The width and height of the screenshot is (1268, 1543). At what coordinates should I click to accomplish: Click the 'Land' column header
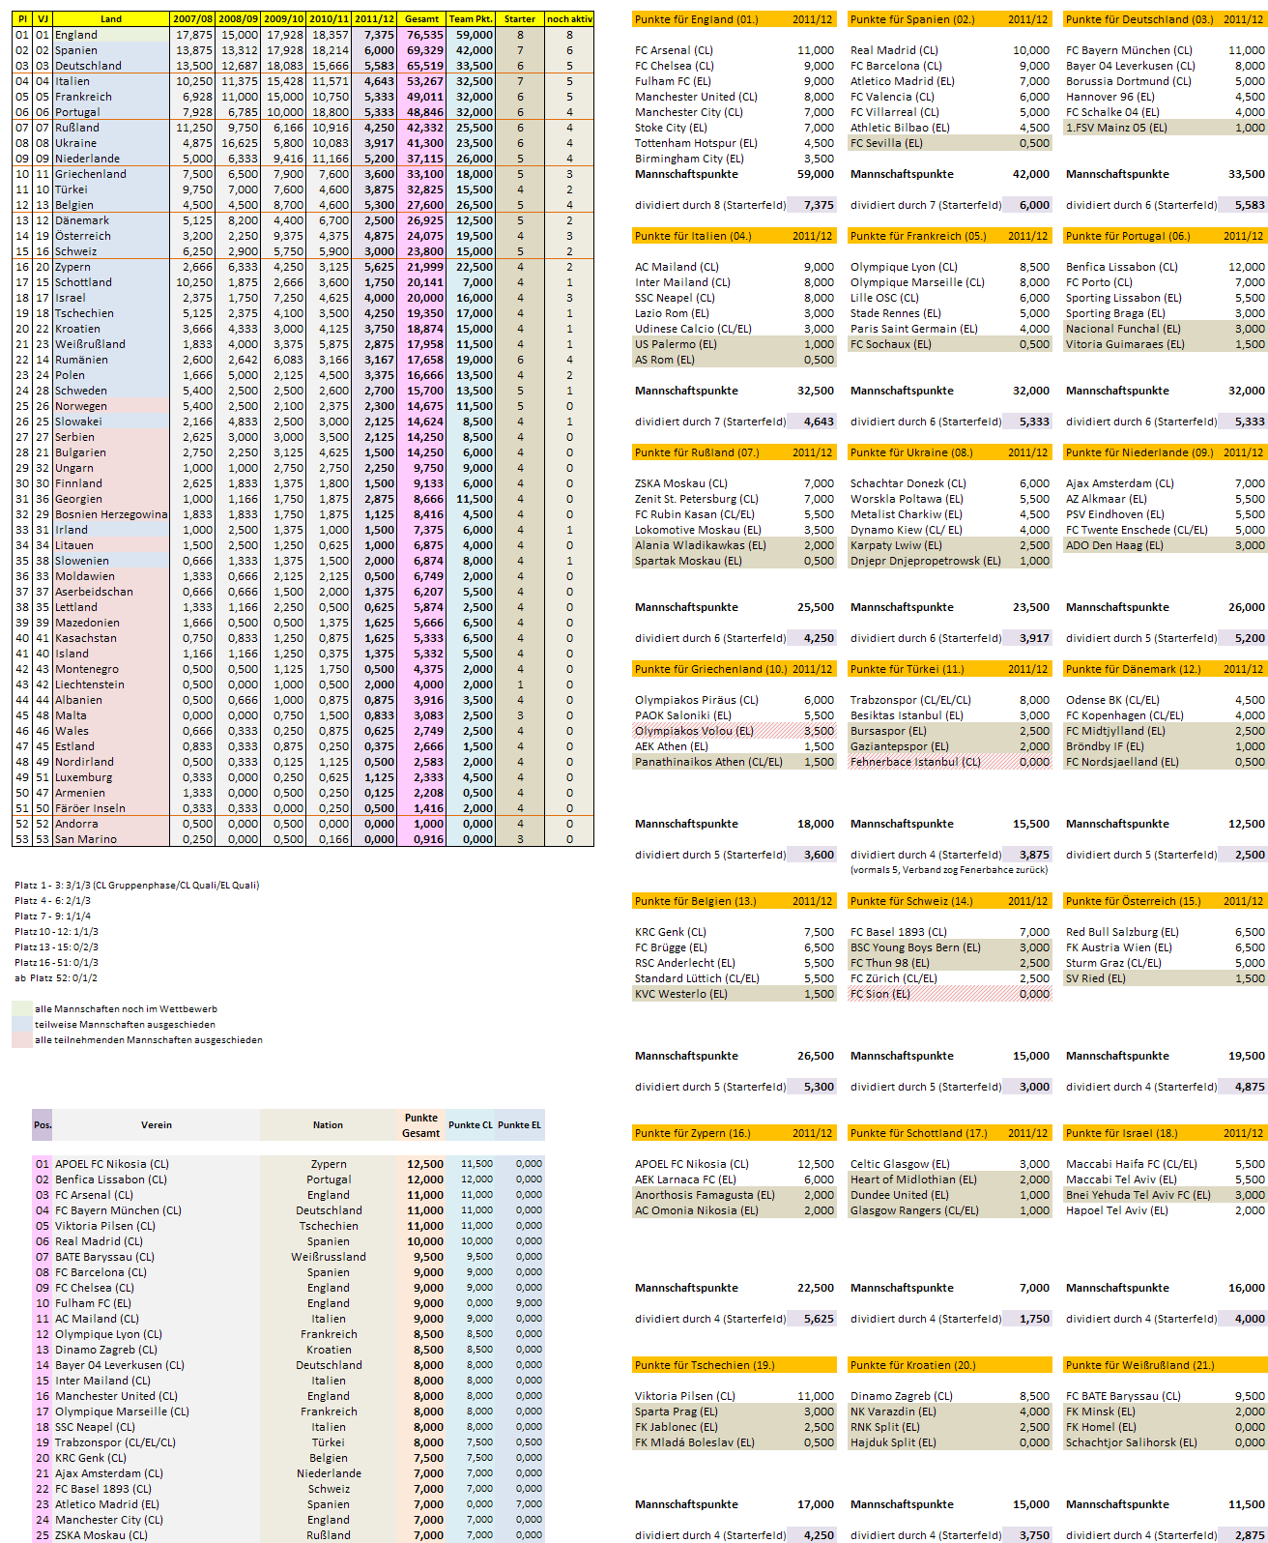coord(111,18)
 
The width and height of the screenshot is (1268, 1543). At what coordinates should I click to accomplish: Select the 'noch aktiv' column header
coord(569,18)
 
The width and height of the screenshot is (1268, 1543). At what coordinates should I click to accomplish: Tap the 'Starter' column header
coord(519,18)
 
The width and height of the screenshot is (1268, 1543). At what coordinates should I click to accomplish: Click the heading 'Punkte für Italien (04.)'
coord(693,236)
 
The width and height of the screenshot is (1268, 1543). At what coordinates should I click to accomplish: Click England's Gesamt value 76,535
coord(424,35)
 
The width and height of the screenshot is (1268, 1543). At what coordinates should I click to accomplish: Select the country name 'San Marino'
coord(86,839)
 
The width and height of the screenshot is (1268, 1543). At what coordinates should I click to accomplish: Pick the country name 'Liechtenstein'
coord(90,684)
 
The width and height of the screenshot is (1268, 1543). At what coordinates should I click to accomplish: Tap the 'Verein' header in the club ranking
coord(157,1125)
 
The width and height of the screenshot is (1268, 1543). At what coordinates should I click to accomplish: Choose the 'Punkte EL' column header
coord(520,1125)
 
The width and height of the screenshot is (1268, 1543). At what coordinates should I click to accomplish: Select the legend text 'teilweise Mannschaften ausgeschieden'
coord(125,1025)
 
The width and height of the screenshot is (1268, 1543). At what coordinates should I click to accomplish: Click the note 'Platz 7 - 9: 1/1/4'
coord(53,917)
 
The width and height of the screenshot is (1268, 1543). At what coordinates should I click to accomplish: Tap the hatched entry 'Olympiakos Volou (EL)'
coord(694,731)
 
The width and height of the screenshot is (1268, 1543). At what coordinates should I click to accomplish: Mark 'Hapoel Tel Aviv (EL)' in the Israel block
coord(1117,1210)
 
